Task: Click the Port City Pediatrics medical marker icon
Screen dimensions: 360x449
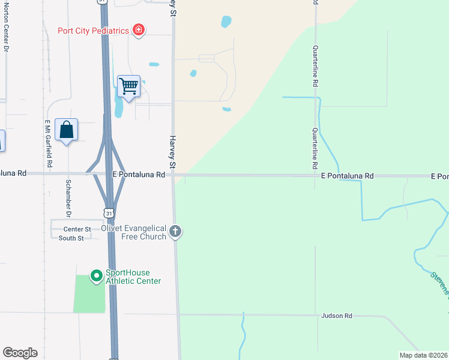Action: click(139, 29)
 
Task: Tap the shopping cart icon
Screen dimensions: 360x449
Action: click(128, 86)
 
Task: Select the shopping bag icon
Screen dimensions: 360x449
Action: click(66, 130)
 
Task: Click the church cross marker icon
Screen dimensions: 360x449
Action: click(175, 231)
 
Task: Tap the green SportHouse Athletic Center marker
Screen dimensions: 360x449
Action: click(95, 276)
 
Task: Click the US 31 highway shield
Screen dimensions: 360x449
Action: click(108, 213)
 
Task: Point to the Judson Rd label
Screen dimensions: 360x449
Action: click(336, 316)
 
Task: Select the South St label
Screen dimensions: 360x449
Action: click(71, 238)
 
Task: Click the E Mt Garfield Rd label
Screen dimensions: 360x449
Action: click(49, 143)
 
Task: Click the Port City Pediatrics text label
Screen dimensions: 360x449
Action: click(94, 31)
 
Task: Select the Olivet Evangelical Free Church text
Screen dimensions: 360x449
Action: click(137, 232)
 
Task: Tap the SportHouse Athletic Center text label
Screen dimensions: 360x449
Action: click(133, 277)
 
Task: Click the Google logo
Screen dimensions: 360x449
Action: click(20, 353)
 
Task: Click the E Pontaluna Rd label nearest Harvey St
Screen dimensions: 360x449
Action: click(139, 175)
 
